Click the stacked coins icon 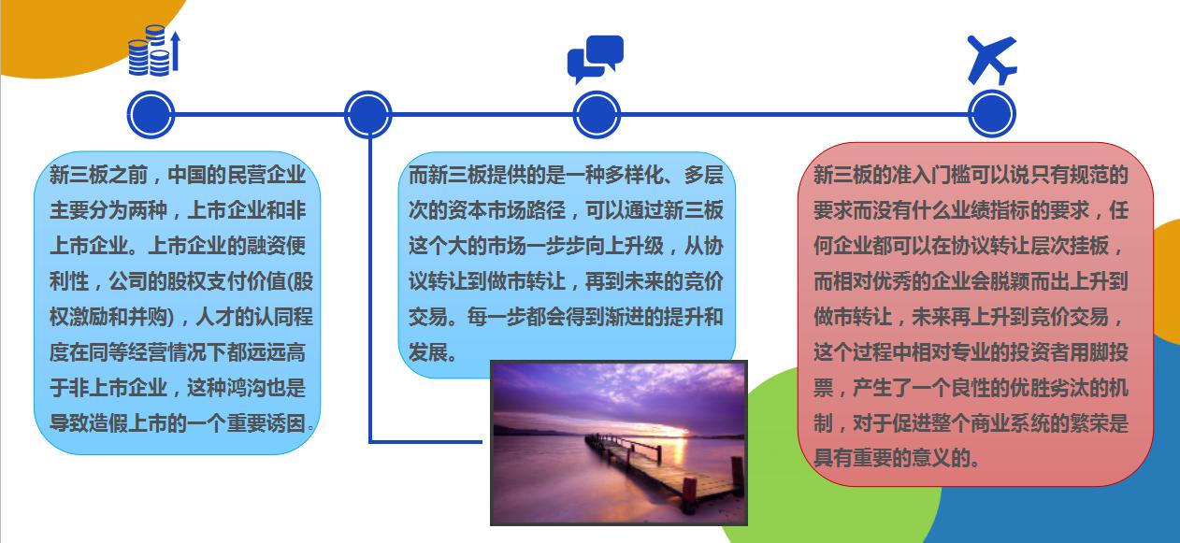pos(153,51)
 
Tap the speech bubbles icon pos(595,58)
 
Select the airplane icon pos(991,59)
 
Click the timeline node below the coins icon pos(151,115)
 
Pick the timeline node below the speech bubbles pos(597,116)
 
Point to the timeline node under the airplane pos(992,115)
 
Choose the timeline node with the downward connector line pos(367,115)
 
